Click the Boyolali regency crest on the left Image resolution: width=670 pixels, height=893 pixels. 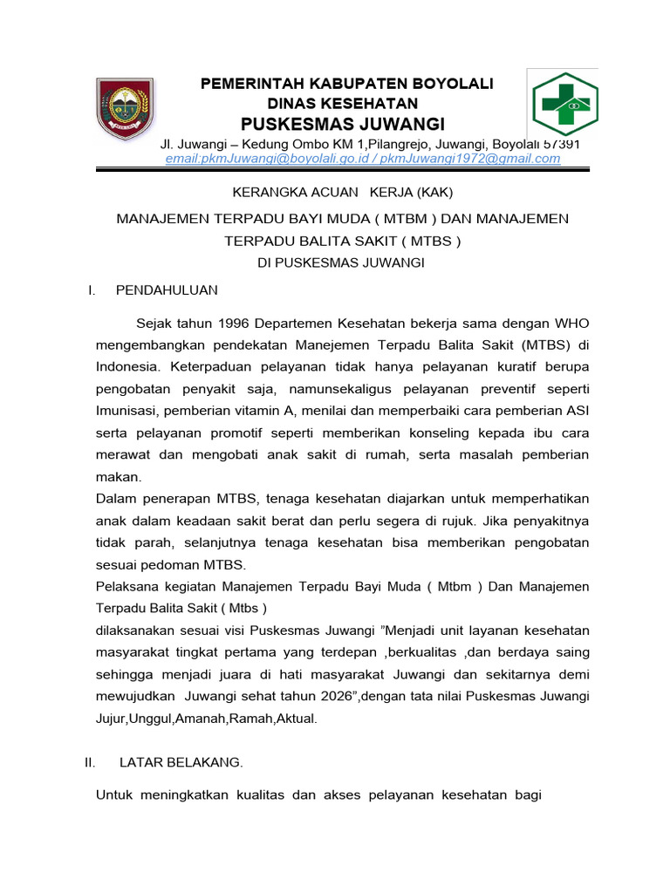click(125, 110)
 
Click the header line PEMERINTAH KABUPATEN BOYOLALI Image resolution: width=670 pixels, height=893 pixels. click(347, 83)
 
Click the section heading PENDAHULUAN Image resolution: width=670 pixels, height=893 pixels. click(167, 290)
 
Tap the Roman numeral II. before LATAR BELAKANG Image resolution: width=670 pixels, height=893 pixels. click(90, 762)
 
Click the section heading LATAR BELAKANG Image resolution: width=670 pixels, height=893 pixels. click(181, 762)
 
